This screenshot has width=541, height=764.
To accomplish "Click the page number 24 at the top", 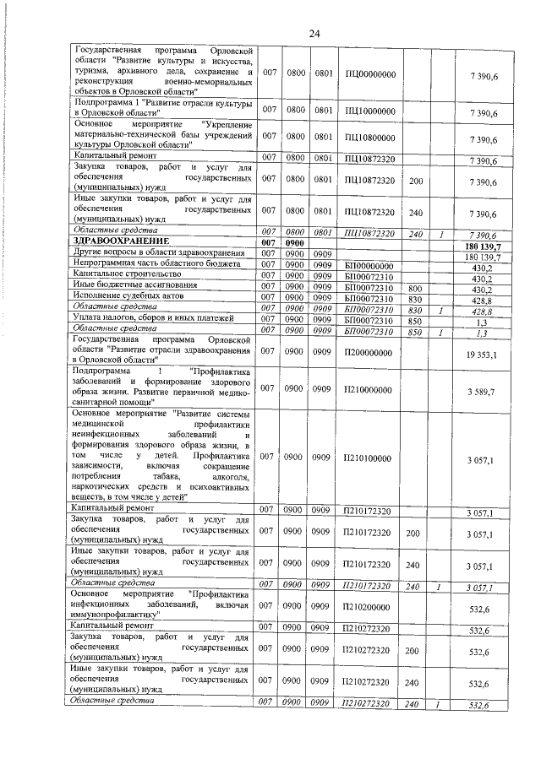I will click(x=314, y=33).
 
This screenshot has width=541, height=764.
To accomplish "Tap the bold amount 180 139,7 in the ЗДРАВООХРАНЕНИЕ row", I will click(x=483, y=246).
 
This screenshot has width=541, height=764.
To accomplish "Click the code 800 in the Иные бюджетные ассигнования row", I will click(x=415, y=287).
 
